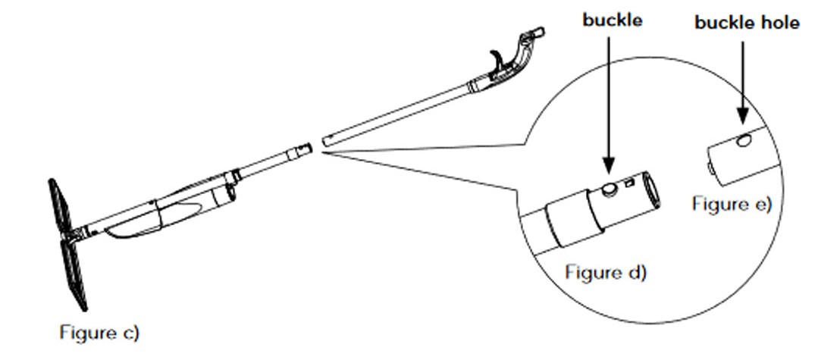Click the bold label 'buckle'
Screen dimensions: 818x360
613,20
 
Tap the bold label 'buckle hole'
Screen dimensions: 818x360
747,23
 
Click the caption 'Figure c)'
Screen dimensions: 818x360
99,333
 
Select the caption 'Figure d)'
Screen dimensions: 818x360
606,272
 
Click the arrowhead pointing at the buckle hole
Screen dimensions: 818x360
743,116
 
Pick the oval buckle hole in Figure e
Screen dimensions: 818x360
744,139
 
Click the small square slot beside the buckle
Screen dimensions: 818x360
629,183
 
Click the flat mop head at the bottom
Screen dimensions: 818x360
68,244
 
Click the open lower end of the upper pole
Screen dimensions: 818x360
325,140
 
